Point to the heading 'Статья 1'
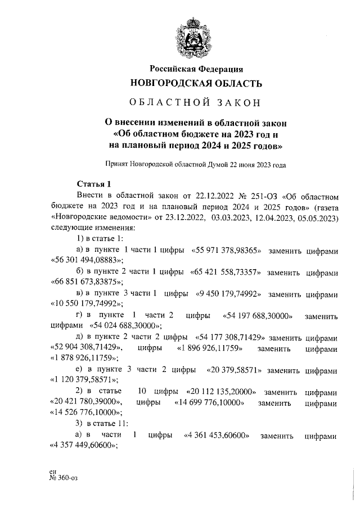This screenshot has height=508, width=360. tap(94, 184)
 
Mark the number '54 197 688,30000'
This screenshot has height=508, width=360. tap(258, 316)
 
